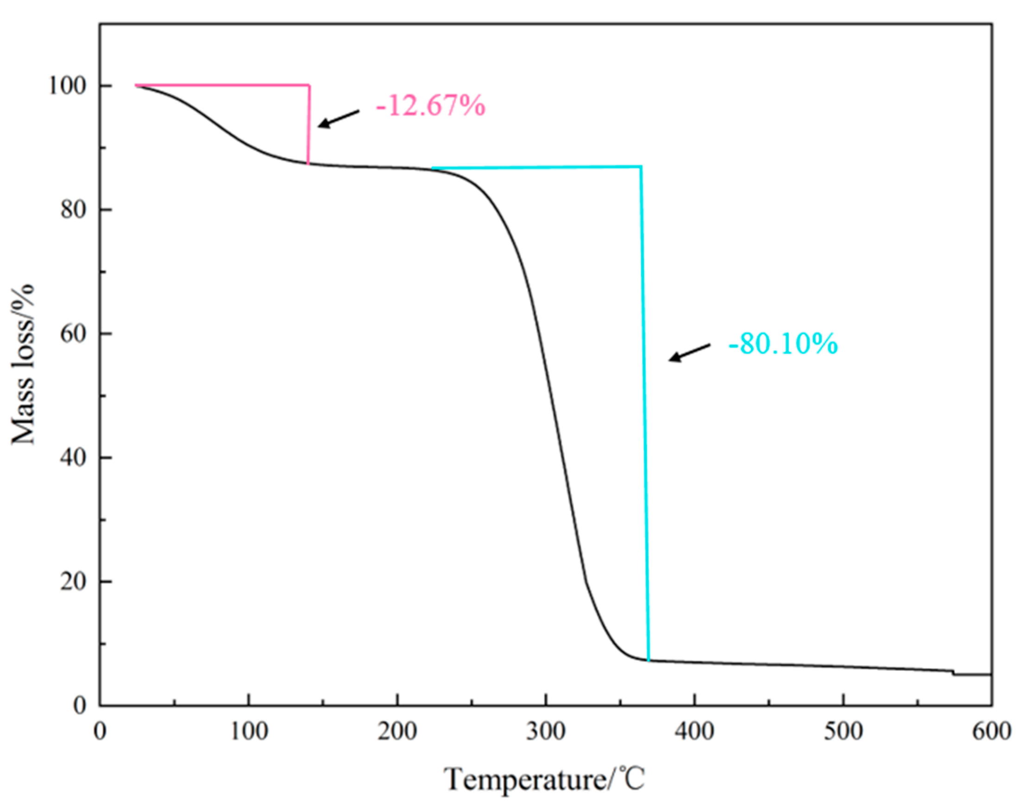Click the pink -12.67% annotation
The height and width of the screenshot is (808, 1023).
point(430,106)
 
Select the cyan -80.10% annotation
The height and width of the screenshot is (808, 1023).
point(783,344)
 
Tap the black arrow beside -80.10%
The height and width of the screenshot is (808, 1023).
point(688,353)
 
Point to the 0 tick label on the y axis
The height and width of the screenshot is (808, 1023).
point(79,706)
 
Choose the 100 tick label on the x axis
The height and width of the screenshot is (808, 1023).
point(249,732)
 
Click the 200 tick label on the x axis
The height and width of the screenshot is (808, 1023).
point(397,732)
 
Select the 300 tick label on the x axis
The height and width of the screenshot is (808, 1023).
point(546,732)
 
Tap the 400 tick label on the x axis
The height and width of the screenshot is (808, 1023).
point(695,732)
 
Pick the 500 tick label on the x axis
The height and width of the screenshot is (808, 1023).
point(843,732)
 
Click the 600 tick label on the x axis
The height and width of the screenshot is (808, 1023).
point(991,732)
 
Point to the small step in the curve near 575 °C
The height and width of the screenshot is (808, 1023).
point(953,673)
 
